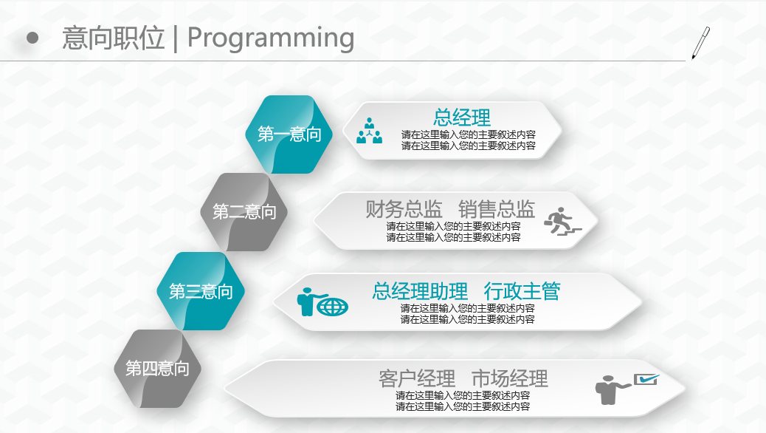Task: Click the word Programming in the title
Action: point(271,38)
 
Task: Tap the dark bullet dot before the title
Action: point(32,38)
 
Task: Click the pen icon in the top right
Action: point(700,43)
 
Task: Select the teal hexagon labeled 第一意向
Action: point(289,134)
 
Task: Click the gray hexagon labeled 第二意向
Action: point(244,212)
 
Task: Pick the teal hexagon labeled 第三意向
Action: point(201,291)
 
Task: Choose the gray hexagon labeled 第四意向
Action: point(157,369)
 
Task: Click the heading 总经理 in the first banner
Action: point(462,117)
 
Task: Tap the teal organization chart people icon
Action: point(369,131)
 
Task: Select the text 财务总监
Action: point(404,209)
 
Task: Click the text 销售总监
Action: point(497,209)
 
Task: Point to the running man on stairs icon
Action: point(563,221)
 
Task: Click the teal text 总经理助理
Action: point(420,291)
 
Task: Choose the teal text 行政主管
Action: point(522,291)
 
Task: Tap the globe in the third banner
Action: point(333,307)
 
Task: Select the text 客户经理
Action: point(417,379)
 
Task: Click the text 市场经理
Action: point(509,379)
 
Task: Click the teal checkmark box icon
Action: point(646,379)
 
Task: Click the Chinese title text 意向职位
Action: point(114,38)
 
